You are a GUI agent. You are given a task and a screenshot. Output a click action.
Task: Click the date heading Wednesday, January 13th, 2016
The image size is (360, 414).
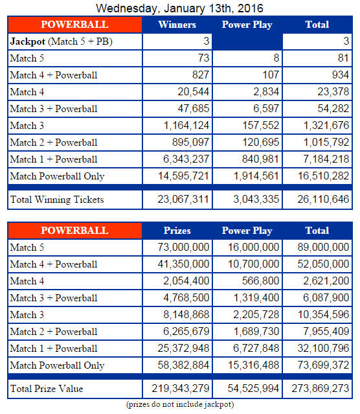tap(179, 8)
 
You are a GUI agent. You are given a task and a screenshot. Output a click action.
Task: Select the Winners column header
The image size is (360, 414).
tap(177, 25)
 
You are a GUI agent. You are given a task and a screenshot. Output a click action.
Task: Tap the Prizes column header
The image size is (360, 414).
tap(177, 231)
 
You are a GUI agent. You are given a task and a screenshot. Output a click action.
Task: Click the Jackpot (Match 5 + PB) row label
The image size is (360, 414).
tap(62, 41)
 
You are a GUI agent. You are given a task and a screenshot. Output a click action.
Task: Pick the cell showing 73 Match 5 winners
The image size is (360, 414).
tap(203, 58)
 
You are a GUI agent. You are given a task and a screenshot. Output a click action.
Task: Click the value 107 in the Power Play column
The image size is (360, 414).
tap(271, 75)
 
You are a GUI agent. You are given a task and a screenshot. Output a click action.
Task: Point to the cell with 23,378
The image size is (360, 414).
tap(333, 91)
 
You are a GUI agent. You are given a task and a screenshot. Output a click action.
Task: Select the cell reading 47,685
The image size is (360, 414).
tap(194, 108)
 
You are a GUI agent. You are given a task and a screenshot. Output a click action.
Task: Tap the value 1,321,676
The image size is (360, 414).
tap(326, 126)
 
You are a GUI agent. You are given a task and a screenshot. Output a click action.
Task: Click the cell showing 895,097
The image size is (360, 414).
tap(190, 143)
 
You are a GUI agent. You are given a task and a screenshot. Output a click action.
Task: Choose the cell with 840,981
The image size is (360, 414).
tap(260, 159)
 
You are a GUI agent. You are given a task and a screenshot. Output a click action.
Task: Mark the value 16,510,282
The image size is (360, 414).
tap(323, 176)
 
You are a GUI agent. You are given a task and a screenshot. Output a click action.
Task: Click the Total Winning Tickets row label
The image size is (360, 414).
tap(57, 200)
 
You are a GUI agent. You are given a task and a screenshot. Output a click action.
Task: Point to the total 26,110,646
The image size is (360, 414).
tap(323, 200)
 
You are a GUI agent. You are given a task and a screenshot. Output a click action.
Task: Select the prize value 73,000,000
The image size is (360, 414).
tap(183, 247)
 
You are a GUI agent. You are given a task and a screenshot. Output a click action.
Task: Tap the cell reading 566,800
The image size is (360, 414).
tap(260, 281)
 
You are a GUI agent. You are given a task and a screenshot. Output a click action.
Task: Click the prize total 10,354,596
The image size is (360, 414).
tap(323, 315)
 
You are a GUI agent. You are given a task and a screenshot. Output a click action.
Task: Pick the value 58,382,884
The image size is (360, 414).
tap(183, 365)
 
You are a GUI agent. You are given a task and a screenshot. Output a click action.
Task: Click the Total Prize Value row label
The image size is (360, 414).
tap(47, 389)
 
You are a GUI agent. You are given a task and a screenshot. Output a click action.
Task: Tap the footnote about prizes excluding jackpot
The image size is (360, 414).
tap(180, 404)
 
